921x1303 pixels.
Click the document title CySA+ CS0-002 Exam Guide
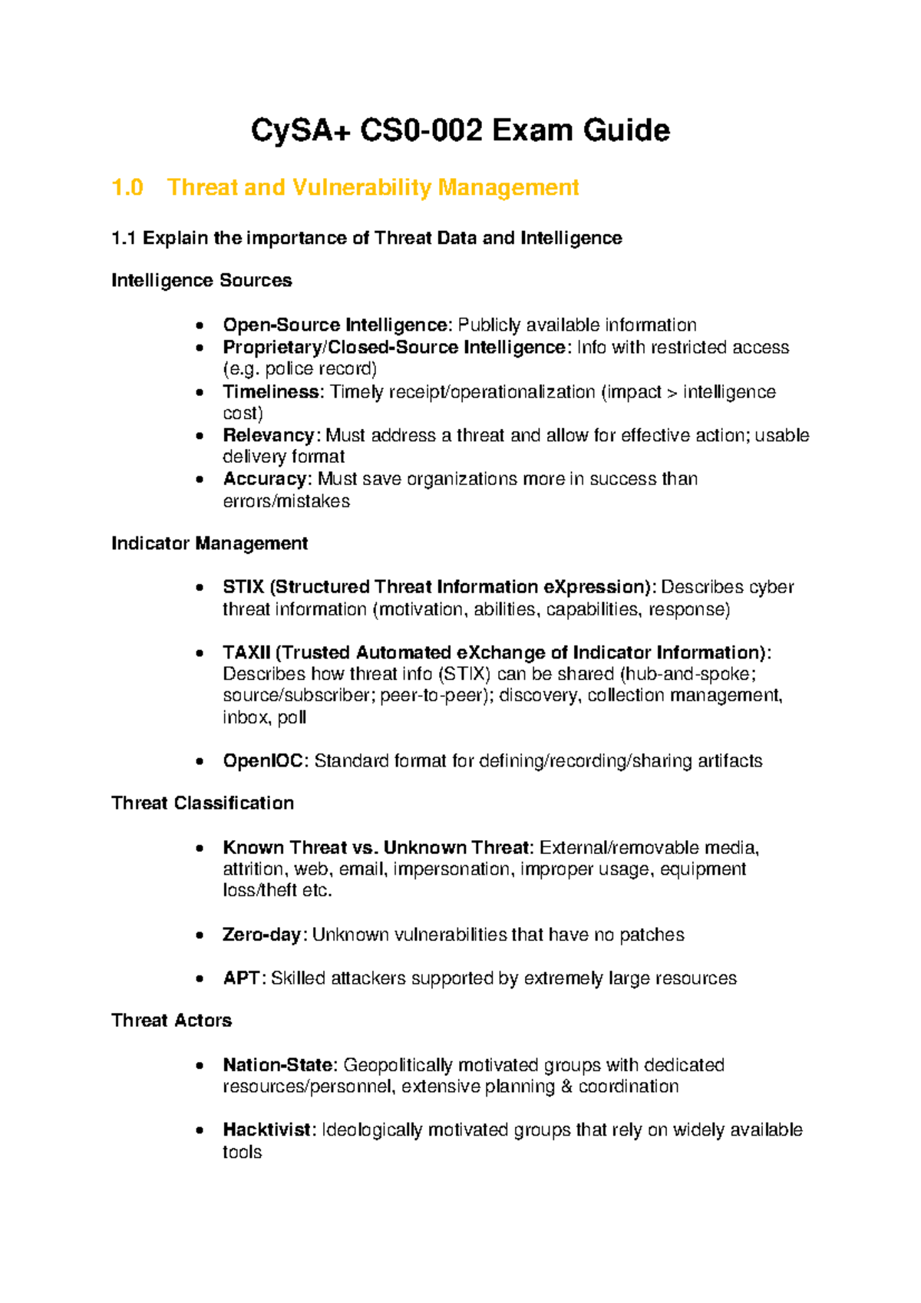(x=460, y=130)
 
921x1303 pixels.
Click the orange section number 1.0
(x=127, y=187)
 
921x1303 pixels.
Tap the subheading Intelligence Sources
(x=201, y=280)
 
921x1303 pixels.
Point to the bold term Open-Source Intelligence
(x=335, y=325)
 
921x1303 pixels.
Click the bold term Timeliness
(x=271, y=392)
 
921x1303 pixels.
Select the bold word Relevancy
(x=268, y=435)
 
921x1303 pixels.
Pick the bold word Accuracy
(x=265, y=479)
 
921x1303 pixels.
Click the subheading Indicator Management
(x=210, y=543)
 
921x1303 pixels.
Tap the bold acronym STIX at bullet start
(x=243, y=587)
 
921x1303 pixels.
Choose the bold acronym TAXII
(x=246, y=652)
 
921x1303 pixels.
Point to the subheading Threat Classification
(x=203, y=803)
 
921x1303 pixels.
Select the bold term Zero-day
(x=262, y=935)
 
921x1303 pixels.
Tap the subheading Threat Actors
(x=171, y=1021)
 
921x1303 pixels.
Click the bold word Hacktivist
(x=266, y=1130)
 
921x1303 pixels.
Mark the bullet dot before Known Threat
(x=200, y=848)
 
